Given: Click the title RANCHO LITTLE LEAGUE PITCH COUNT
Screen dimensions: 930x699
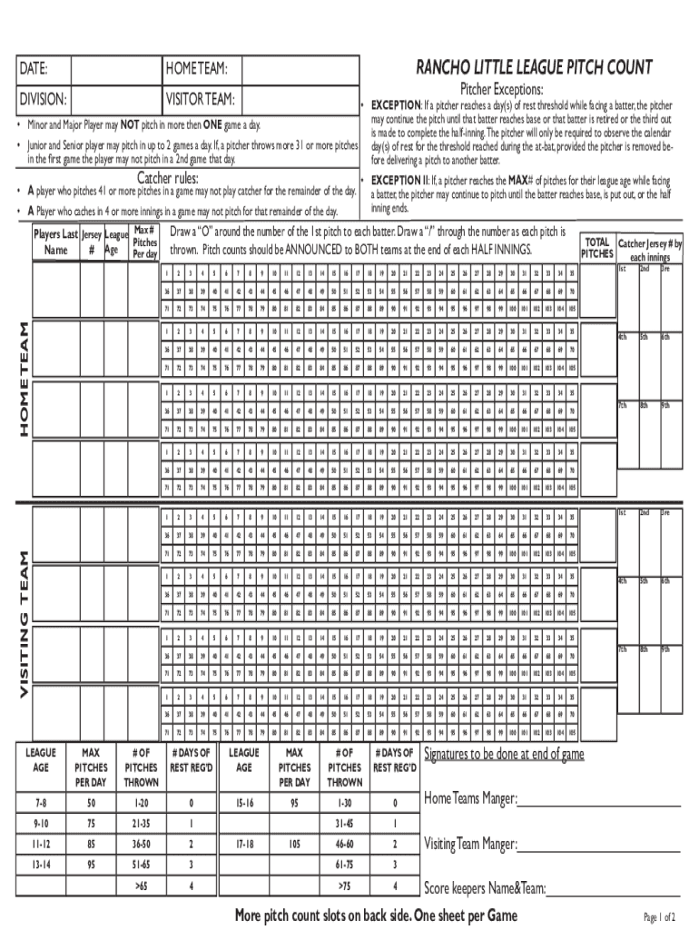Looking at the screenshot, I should click(x=534, y=67).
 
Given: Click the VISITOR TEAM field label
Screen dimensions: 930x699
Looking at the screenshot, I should click(x=201, y=99).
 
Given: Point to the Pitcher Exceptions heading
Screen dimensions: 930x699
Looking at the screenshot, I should click(x=501, y=89).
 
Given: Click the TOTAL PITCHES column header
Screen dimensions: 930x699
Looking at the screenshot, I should click(x=596, y=248).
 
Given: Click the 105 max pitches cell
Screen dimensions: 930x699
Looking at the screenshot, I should click(x=294, y=844).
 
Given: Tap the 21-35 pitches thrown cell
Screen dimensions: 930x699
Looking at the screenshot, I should click(x=142, y=824).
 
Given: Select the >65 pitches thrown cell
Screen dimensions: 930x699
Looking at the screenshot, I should click(x=142, y=885).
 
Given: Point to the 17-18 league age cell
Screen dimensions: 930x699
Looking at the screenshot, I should click(x=243, y=844).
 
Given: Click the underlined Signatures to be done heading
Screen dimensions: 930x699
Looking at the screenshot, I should click(x=504, y=755).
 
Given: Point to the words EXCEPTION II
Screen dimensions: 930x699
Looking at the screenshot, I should click(x=399, y=181).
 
